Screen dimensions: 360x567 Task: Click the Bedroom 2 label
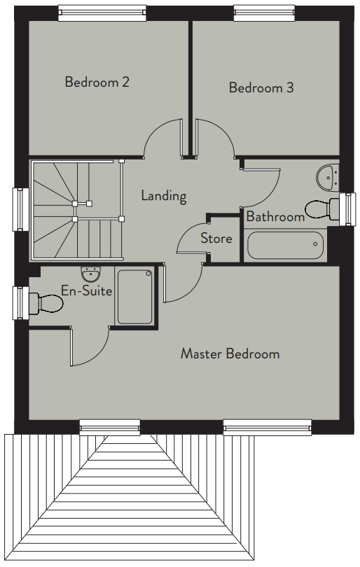97,82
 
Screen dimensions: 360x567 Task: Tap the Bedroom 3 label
261,87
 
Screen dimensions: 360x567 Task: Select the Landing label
164,196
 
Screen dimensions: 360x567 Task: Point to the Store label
216,238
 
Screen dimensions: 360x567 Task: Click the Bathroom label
275,216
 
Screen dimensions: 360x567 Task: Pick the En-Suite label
86,290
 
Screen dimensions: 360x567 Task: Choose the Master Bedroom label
230,353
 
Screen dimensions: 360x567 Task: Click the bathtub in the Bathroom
285,245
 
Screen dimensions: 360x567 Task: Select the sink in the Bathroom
328,177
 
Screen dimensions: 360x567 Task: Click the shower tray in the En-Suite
134,297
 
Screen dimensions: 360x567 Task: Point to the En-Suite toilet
46,303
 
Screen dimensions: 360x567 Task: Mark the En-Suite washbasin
90,275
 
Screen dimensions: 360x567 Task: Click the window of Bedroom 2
103,13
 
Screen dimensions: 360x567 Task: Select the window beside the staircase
21,209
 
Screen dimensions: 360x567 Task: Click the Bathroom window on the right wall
347,209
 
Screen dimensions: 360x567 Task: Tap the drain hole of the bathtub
315,244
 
